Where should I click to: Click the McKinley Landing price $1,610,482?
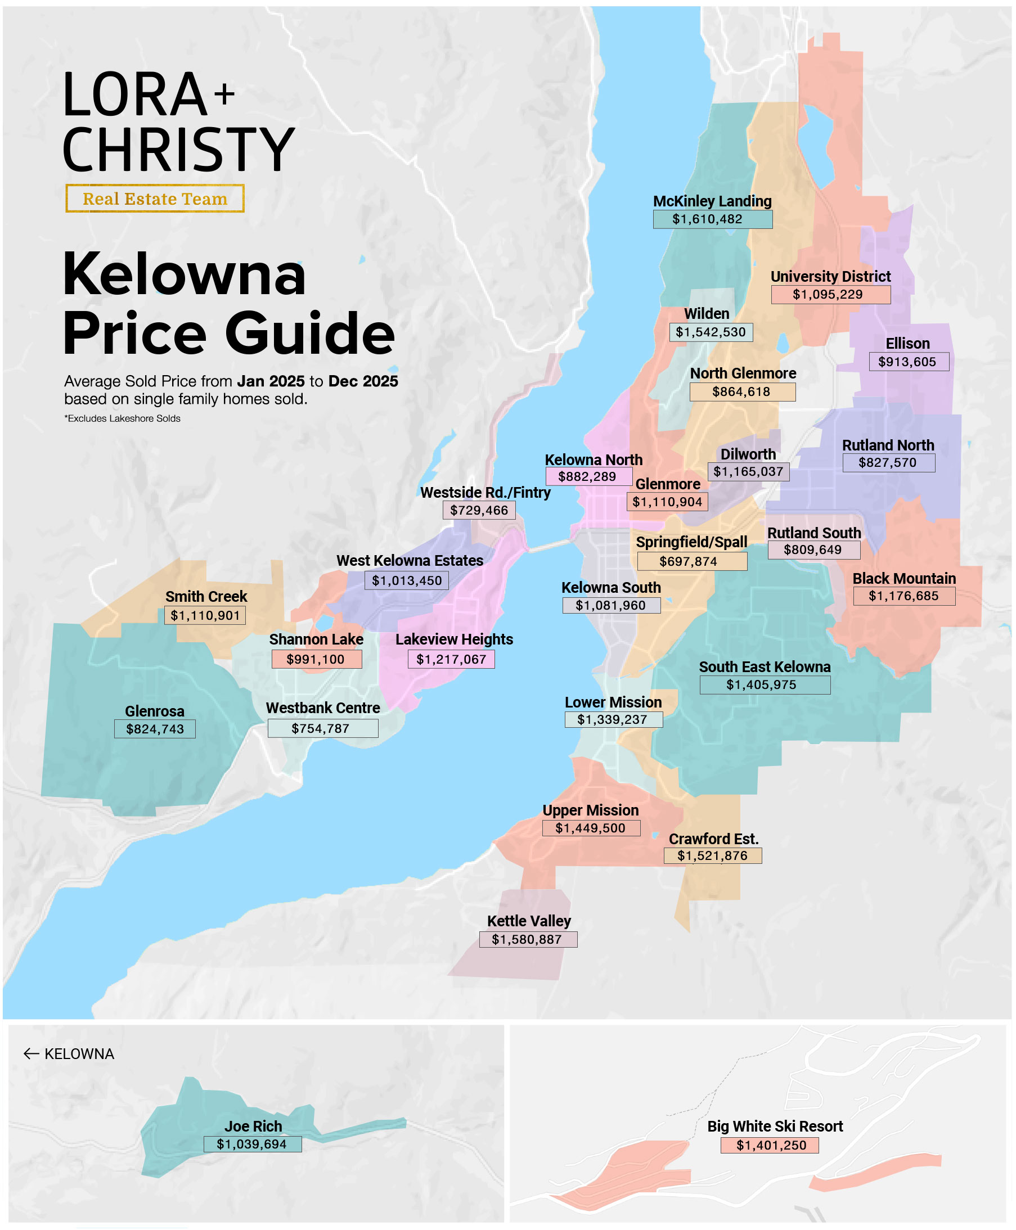point(712,219)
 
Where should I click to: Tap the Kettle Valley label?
point(528,921)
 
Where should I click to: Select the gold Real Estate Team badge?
point(155,199)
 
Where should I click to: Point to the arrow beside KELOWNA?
point(31,1054)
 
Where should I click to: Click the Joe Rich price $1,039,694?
point(252,1144)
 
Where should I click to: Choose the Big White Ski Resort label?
point(775,1127)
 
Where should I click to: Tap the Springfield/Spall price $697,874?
point(692,562)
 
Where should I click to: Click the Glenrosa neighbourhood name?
point(155,711)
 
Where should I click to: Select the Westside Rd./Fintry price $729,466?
point(479,510)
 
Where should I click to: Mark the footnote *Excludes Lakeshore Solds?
point(122,418)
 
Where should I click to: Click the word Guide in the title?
point(309,334)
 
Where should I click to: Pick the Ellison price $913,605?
point(908,362)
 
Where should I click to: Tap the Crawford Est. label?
point(713,839)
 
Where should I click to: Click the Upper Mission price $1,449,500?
point(591,828)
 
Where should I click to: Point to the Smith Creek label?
point(206,597)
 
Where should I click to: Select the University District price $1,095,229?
point(830,294)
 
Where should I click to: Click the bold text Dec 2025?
point(363,381)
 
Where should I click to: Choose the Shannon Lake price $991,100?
point(316,660)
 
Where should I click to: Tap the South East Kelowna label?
point(765,667)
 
